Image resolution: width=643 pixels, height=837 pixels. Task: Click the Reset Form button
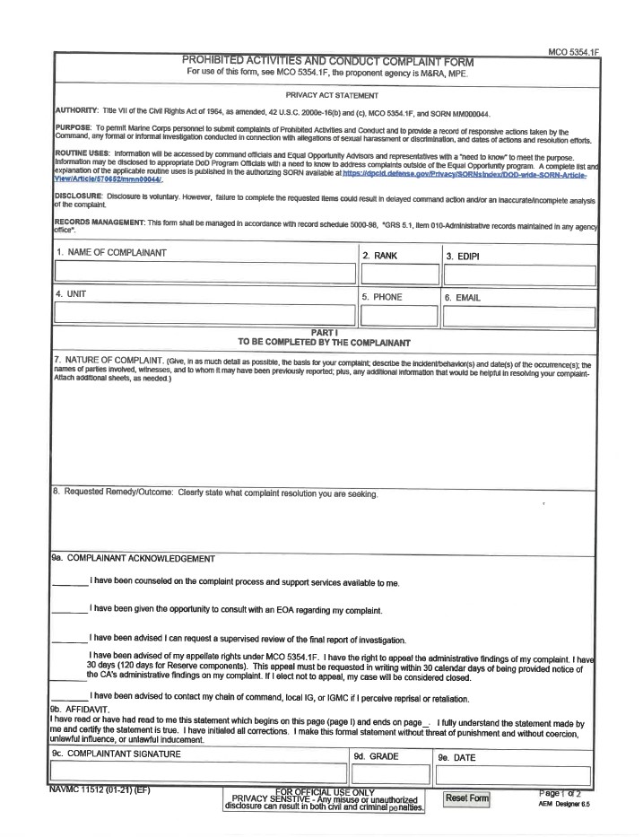(x=466, y=798)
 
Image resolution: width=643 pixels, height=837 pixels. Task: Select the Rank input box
(x=398, y=276)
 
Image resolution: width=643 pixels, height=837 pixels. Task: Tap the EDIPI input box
(x=518, y=276)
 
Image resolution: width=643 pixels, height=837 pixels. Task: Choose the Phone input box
(x=398, y=316)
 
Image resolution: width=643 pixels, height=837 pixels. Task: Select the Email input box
(x=518, y=316)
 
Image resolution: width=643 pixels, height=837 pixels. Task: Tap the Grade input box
(x=390, y=775)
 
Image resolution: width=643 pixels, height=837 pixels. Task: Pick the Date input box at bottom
(x=514, y=775)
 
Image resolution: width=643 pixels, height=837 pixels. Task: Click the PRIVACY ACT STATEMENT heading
(x=332, y=95)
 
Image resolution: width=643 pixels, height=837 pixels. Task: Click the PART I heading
(x=324, y=334)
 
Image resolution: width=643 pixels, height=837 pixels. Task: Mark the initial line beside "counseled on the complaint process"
(x=69, y=585)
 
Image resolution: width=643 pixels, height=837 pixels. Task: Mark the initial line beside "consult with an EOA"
(x=69, y=613)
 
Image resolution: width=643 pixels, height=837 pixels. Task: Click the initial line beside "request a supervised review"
(x=69, y=641)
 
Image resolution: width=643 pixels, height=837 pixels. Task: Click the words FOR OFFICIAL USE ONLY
(x=325, y=792)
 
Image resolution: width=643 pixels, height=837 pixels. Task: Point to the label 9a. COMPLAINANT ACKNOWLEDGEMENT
(x=133, y=558)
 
